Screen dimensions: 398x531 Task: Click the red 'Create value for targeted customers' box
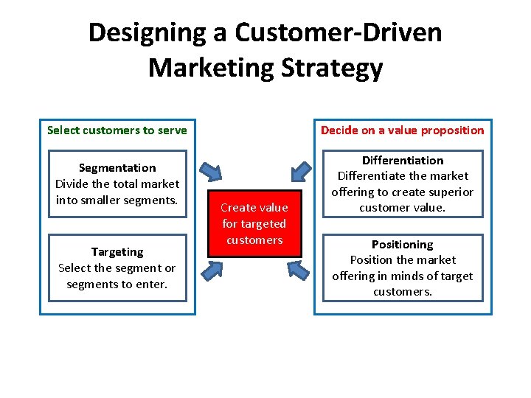254,223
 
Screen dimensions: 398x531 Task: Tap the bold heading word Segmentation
117,168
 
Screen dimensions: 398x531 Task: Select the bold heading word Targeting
117,252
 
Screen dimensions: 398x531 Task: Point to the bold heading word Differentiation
403,160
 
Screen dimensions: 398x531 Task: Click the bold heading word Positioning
403,244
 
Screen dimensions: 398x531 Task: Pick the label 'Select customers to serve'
117,130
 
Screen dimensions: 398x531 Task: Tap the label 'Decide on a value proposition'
403,130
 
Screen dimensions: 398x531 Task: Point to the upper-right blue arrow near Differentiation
300,171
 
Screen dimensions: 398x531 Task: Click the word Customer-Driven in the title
339,33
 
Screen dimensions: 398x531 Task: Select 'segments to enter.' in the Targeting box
117,284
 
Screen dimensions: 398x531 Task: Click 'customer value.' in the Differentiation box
403,208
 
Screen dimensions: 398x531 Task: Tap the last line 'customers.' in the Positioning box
403,292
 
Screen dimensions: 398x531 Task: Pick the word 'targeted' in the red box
254,224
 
